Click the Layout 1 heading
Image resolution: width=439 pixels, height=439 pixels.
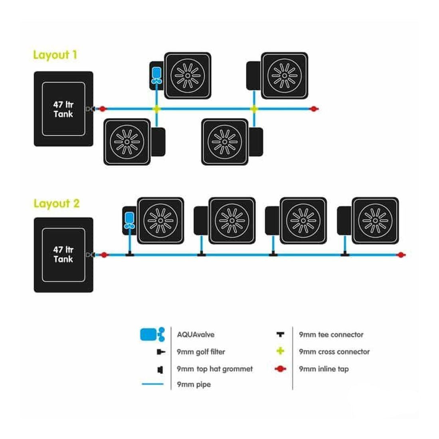(x=55, y=55)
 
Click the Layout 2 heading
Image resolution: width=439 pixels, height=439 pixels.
(x=56, y=204)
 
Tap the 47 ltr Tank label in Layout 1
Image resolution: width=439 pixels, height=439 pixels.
(x=63, y=109)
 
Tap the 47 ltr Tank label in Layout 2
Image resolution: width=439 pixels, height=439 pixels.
(x=63, y=255)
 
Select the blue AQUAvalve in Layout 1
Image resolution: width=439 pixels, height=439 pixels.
(x=156, y=76)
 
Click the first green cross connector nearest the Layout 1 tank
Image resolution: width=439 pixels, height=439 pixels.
(x=156, y=109)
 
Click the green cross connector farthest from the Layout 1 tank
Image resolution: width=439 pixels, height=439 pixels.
(x=254, y=109)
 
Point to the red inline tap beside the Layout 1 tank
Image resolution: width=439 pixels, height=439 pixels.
(x=103, y=109)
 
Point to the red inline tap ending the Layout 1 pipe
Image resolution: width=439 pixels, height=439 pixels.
(x=314, y=109)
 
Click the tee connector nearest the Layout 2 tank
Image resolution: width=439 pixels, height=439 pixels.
(x=129, y=254)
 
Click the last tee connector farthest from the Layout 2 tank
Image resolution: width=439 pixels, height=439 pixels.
(x=345, y=254)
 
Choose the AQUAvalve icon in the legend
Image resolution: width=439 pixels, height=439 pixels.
(x=152, y=334)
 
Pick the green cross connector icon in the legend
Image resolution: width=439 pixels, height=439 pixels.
(x=281, y=351)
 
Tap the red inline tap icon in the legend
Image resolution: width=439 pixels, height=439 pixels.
(x=281, y=369)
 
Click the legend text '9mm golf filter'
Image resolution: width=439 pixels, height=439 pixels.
(x=201, y=352)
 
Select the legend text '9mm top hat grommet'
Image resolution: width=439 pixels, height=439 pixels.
(x=214, y=369)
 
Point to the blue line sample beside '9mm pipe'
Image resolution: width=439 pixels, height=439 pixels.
(x=152, y=384)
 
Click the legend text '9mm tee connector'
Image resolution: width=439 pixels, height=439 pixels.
(x=331, y=334)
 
